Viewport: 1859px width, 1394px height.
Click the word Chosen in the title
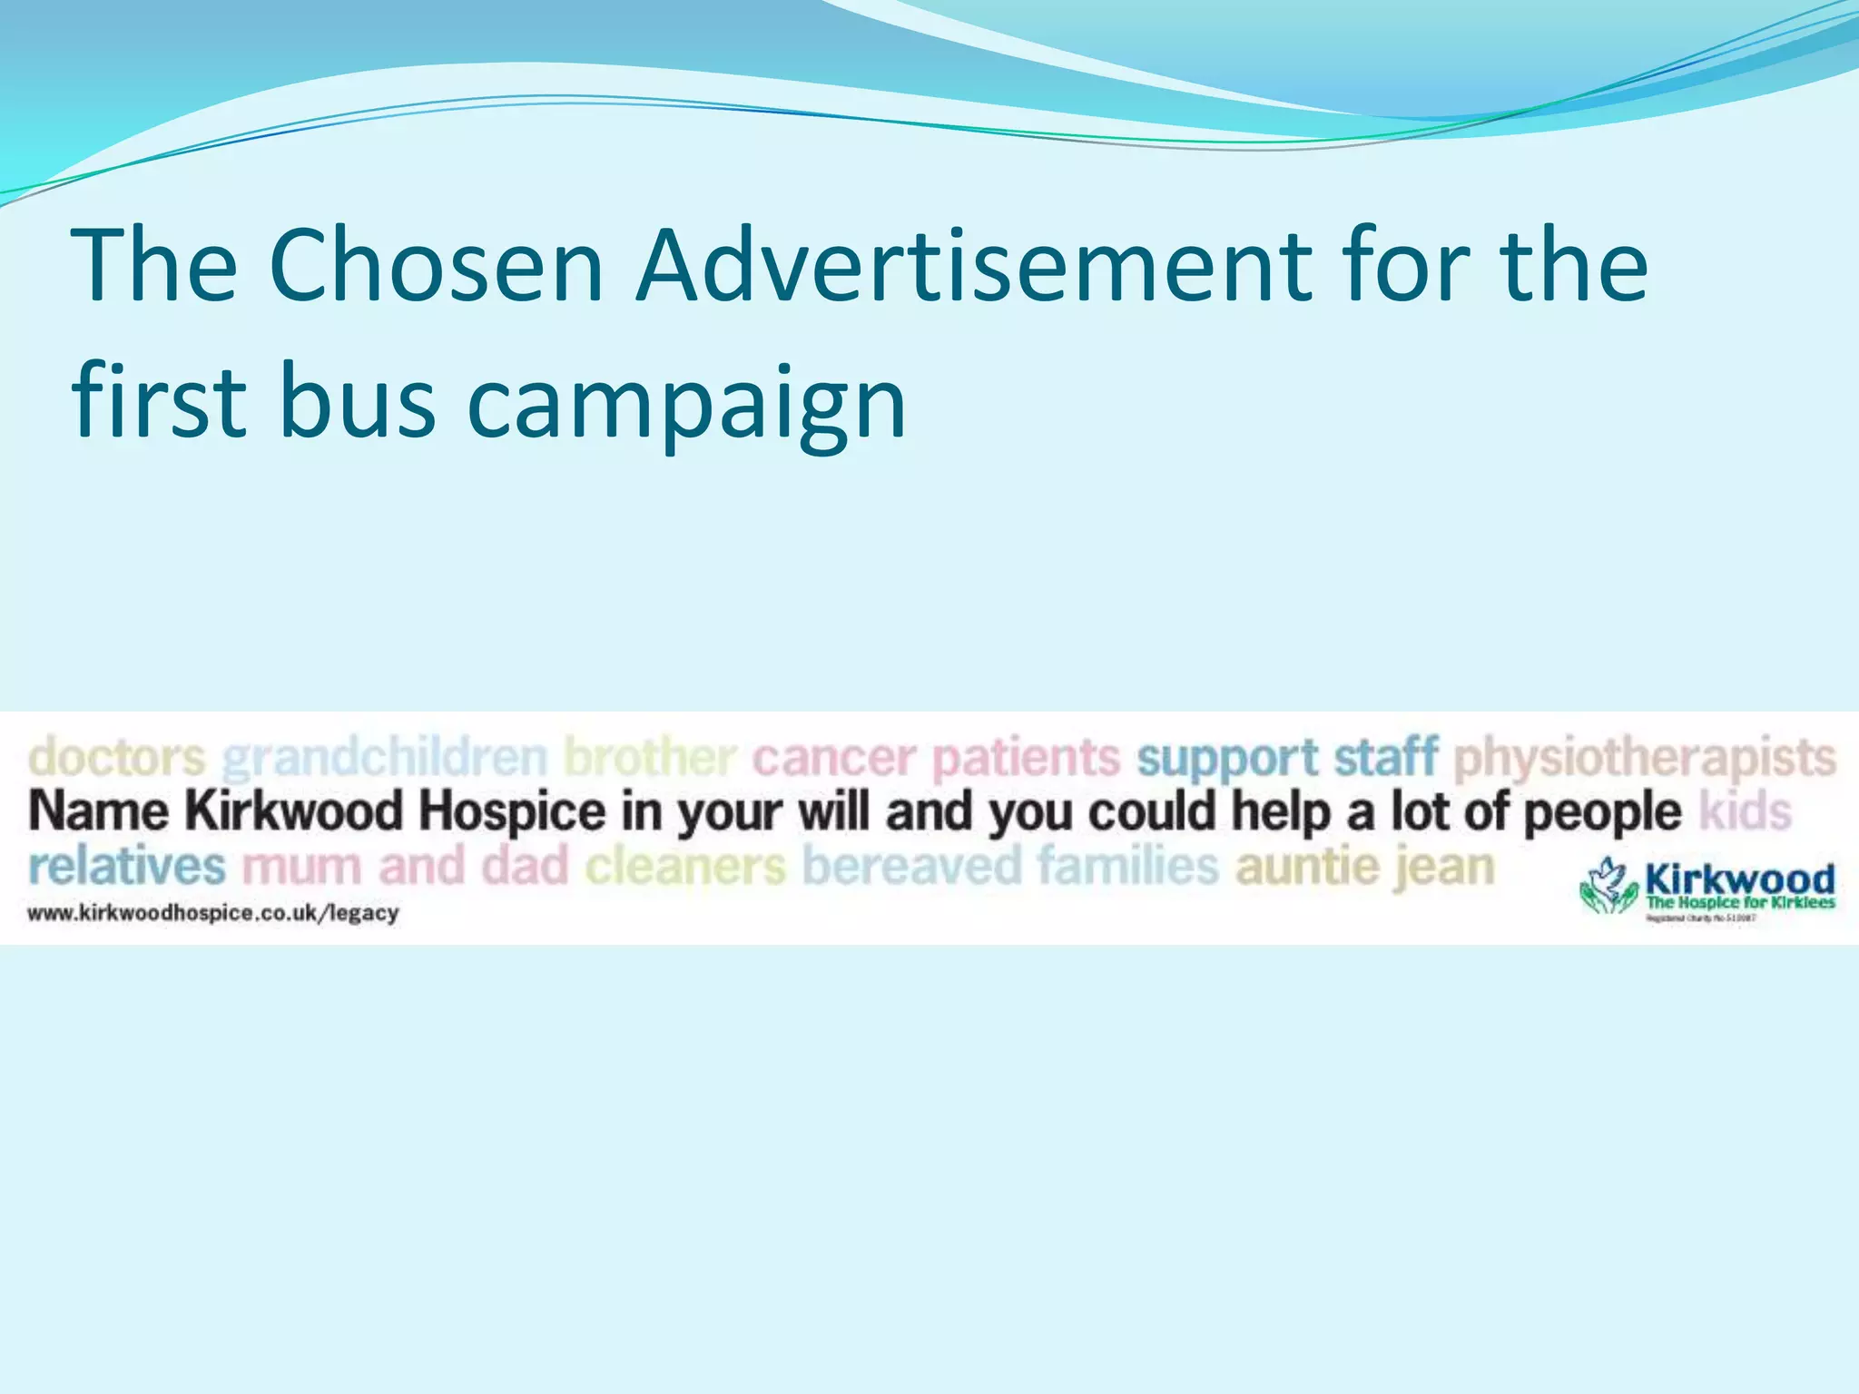click(x=436, y=265)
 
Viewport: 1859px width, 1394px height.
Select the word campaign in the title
click(x=686, y=404)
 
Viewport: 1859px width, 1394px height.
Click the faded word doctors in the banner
click(x=117, y=757)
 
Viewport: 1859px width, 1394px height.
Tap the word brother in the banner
click(x=649, y=757)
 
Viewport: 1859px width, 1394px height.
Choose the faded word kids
click(x=1746, y=810)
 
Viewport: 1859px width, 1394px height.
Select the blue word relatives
click(x=126, y=867)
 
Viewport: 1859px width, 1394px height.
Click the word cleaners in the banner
click(x=685, y=867)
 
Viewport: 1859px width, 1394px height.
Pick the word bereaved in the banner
click(x=911, y=867)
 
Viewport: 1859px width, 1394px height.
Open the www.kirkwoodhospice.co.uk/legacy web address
click(x=213, y=914)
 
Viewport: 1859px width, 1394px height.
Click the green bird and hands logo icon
click(x=1609, y=885)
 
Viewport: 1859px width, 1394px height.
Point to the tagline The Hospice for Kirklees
click(x=1740, y=903)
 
